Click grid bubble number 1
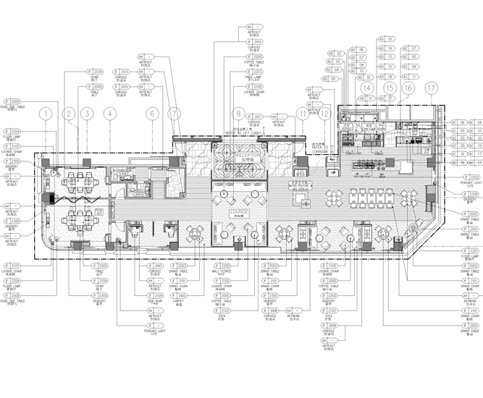point(46,114)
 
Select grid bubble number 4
point(109,114)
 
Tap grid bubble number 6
point(151,114)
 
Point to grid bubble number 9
point(237,114)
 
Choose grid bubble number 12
point(327,114)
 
